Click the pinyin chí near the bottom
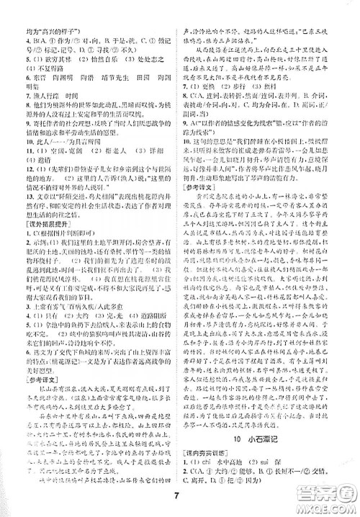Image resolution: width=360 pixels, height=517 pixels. [223, 467]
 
